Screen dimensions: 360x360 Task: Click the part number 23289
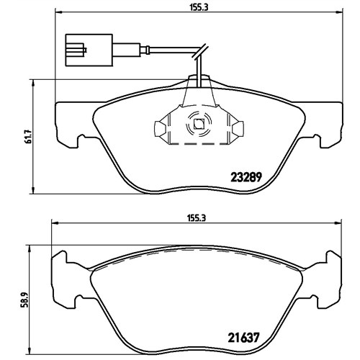246,178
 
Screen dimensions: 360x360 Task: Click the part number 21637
243,338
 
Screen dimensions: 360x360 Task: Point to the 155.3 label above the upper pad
199,7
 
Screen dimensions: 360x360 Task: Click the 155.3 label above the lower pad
197,218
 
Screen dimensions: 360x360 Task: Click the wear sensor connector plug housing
89,50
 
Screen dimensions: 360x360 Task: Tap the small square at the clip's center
199,124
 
